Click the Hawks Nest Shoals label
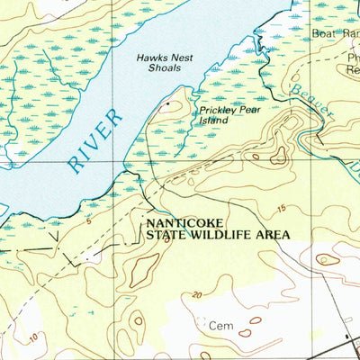(158, 62)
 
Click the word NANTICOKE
(184, 220)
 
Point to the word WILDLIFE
(220, 232)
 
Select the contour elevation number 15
(282, 209)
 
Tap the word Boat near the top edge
(323, 33)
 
